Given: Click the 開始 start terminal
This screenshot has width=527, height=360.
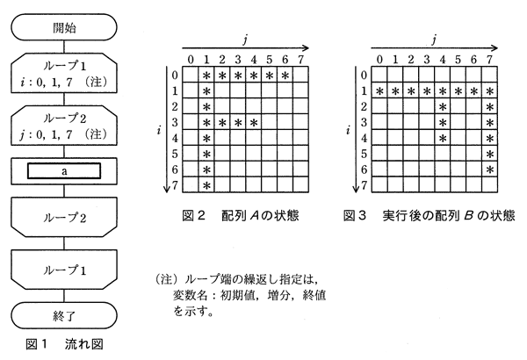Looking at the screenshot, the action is (x=64, y=27).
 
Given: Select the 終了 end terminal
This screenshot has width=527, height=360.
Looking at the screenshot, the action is (x=64, y=315).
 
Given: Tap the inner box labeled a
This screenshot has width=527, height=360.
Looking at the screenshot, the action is (x=64, y=171).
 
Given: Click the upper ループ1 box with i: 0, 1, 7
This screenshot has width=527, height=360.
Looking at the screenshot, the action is (x=64, y=73).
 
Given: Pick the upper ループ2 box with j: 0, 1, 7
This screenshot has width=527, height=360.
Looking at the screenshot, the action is (x=64, y=126).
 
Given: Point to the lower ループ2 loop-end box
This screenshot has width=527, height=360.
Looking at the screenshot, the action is (x=64, y=217).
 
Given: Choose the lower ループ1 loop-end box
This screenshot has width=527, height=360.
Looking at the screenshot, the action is (x=64, y=270).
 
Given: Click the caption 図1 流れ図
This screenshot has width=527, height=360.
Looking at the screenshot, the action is (x=64, y=344).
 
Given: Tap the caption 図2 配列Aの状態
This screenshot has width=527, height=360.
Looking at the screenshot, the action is (x=241, y=215).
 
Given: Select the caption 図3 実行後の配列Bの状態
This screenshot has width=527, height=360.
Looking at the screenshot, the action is (x=429, y=215).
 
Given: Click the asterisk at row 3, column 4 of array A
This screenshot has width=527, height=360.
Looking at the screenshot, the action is (x=254, y=122).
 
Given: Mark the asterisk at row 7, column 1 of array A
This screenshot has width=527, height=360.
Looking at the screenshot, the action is (x=206, y=185).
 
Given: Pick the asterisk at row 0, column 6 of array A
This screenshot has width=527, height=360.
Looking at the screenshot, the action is (x=285, y=76).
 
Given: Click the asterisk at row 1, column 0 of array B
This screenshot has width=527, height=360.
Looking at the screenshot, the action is (x=379, y=91).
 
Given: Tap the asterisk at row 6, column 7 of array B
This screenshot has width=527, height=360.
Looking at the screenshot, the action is (x=490, y=169).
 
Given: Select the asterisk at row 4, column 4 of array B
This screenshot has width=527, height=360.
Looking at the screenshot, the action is (x=443, y=138).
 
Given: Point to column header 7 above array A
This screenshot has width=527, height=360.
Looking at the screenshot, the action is (x=300, y=60).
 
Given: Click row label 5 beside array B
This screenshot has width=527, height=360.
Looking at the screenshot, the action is (x=364, y=154).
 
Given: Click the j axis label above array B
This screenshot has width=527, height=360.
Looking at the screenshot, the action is (x=434, y=40).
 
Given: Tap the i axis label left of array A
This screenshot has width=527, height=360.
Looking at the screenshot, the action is (x=158, y=129).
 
